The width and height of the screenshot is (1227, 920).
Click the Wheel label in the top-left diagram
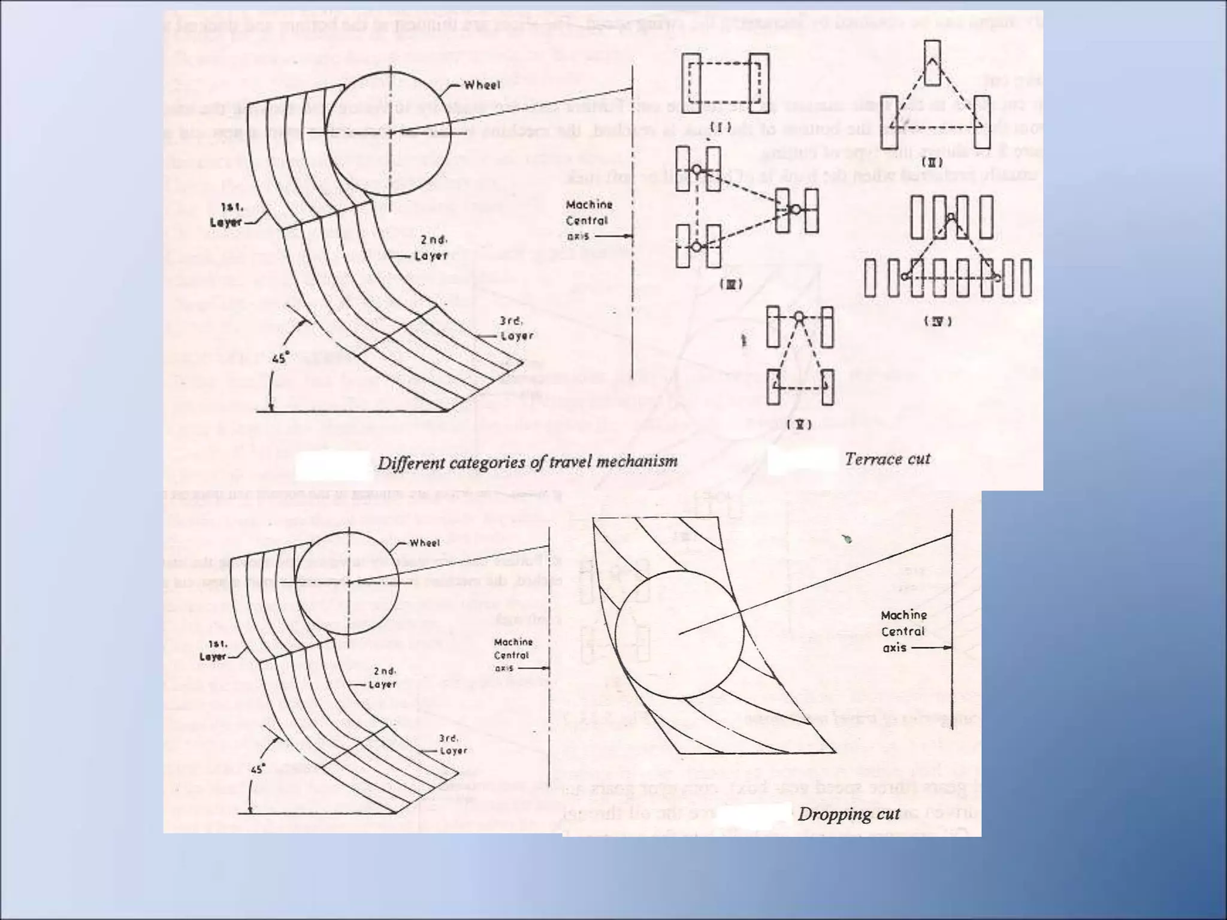coord(482,85)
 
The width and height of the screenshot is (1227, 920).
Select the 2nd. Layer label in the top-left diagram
coord(433,247)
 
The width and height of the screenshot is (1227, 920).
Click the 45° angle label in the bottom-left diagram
coord(257,769)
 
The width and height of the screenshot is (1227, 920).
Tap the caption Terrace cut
coord(887,459)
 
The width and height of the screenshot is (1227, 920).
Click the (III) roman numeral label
coord(730,285)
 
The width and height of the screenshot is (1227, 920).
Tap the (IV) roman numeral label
coord(938,321)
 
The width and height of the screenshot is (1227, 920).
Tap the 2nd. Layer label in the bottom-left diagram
coord(382,677)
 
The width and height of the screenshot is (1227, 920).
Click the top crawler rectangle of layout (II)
coord(932,62)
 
